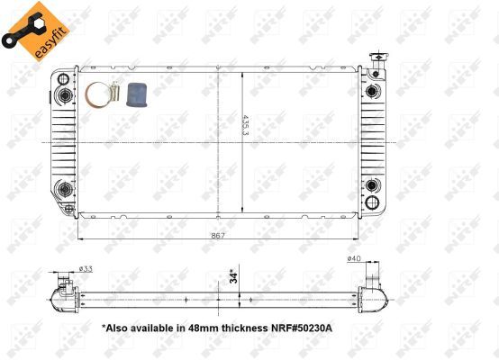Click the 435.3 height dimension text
point(244,125)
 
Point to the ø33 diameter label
point(86,269)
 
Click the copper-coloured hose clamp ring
point(98,94)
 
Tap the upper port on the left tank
point(63,95)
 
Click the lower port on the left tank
point(63,188)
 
